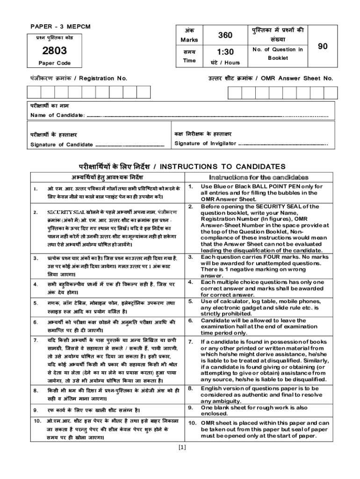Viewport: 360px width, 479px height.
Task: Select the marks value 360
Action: (225, 36)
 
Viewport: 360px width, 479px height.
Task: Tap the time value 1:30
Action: (225, 51)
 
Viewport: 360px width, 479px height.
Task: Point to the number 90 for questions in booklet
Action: (323, 46)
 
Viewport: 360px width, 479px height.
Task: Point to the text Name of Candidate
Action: (58, 115)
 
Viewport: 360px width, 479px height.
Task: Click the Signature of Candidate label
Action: (61, 145)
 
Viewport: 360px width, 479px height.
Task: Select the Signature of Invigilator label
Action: (205, 143)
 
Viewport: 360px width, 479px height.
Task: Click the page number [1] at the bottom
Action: (182, 447)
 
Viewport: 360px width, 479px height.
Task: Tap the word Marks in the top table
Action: (189, 40)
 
